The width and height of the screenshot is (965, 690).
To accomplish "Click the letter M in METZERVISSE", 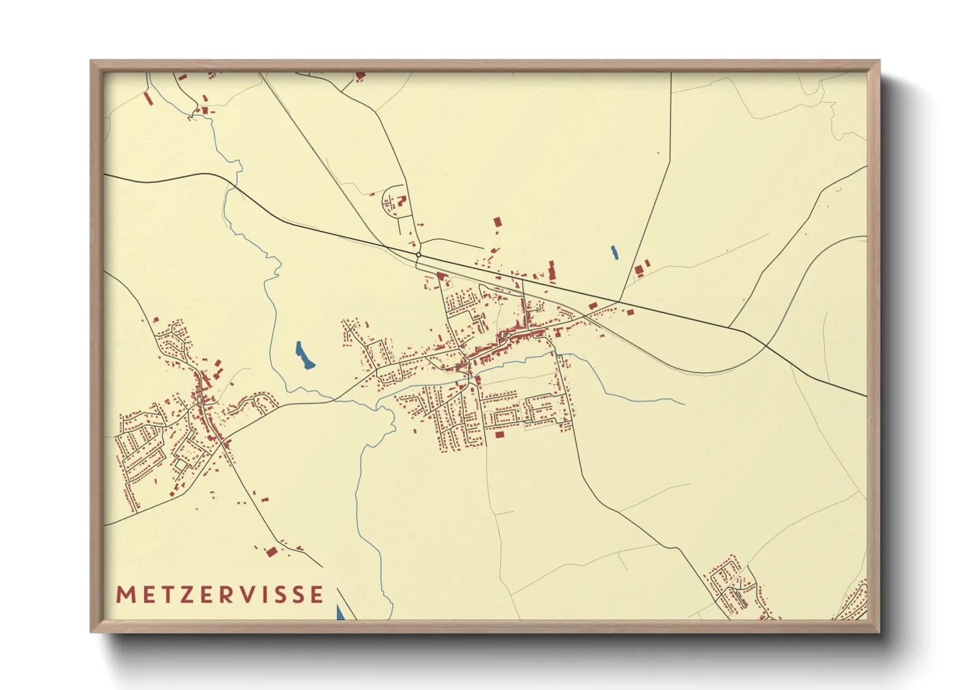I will click(x=125, y=595).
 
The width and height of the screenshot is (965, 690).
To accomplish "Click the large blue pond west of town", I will click(x=304, y=356).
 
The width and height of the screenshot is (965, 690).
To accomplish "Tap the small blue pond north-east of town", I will click(x=614, y=252).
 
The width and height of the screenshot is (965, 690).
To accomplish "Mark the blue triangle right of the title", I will click(x=340, y=612).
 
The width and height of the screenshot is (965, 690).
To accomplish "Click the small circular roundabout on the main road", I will click(x=418, y=254).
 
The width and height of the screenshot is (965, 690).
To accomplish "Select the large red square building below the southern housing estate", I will click(x=500, y=434).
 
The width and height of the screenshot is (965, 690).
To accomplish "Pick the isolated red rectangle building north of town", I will click(x=497, y=222).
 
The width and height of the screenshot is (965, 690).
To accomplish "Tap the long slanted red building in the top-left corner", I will click(x=148, y=98).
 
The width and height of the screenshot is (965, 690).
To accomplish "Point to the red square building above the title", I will click(x=271, y=552).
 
